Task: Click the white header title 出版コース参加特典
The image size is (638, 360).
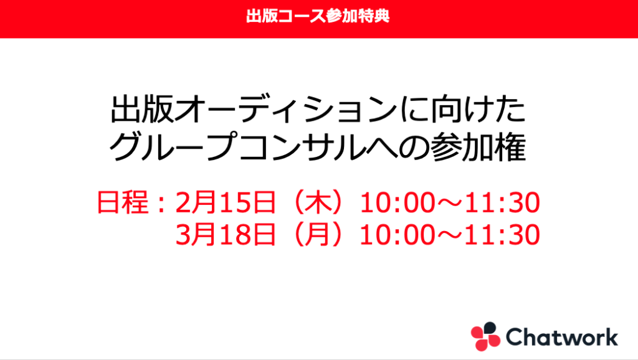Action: [x=318, y=16]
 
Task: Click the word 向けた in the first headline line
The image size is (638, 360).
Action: [x=478, y=110]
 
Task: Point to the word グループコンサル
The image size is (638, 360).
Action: [x=237, y=146]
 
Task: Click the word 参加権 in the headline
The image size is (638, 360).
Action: [x=478, y=146]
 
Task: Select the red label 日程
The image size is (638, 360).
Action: [x=123, y=202]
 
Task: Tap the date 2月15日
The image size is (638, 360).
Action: [x=226, y=202]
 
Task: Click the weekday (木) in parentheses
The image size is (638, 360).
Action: [x=318, y=202]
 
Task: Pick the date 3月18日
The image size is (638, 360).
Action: [x=226, y=235]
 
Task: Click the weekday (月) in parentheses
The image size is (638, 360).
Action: [x=318, y=235]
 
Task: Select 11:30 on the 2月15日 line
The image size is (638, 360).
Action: [x=502, y=202]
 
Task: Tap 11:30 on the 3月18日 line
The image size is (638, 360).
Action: [x=502, y=235]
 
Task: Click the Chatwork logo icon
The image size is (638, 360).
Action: [x=485, y=336]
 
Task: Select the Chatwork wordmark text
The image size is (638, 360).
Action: [x=562, y=337]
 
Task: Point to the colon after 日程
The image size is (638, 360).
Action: [x=161, y=203]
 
